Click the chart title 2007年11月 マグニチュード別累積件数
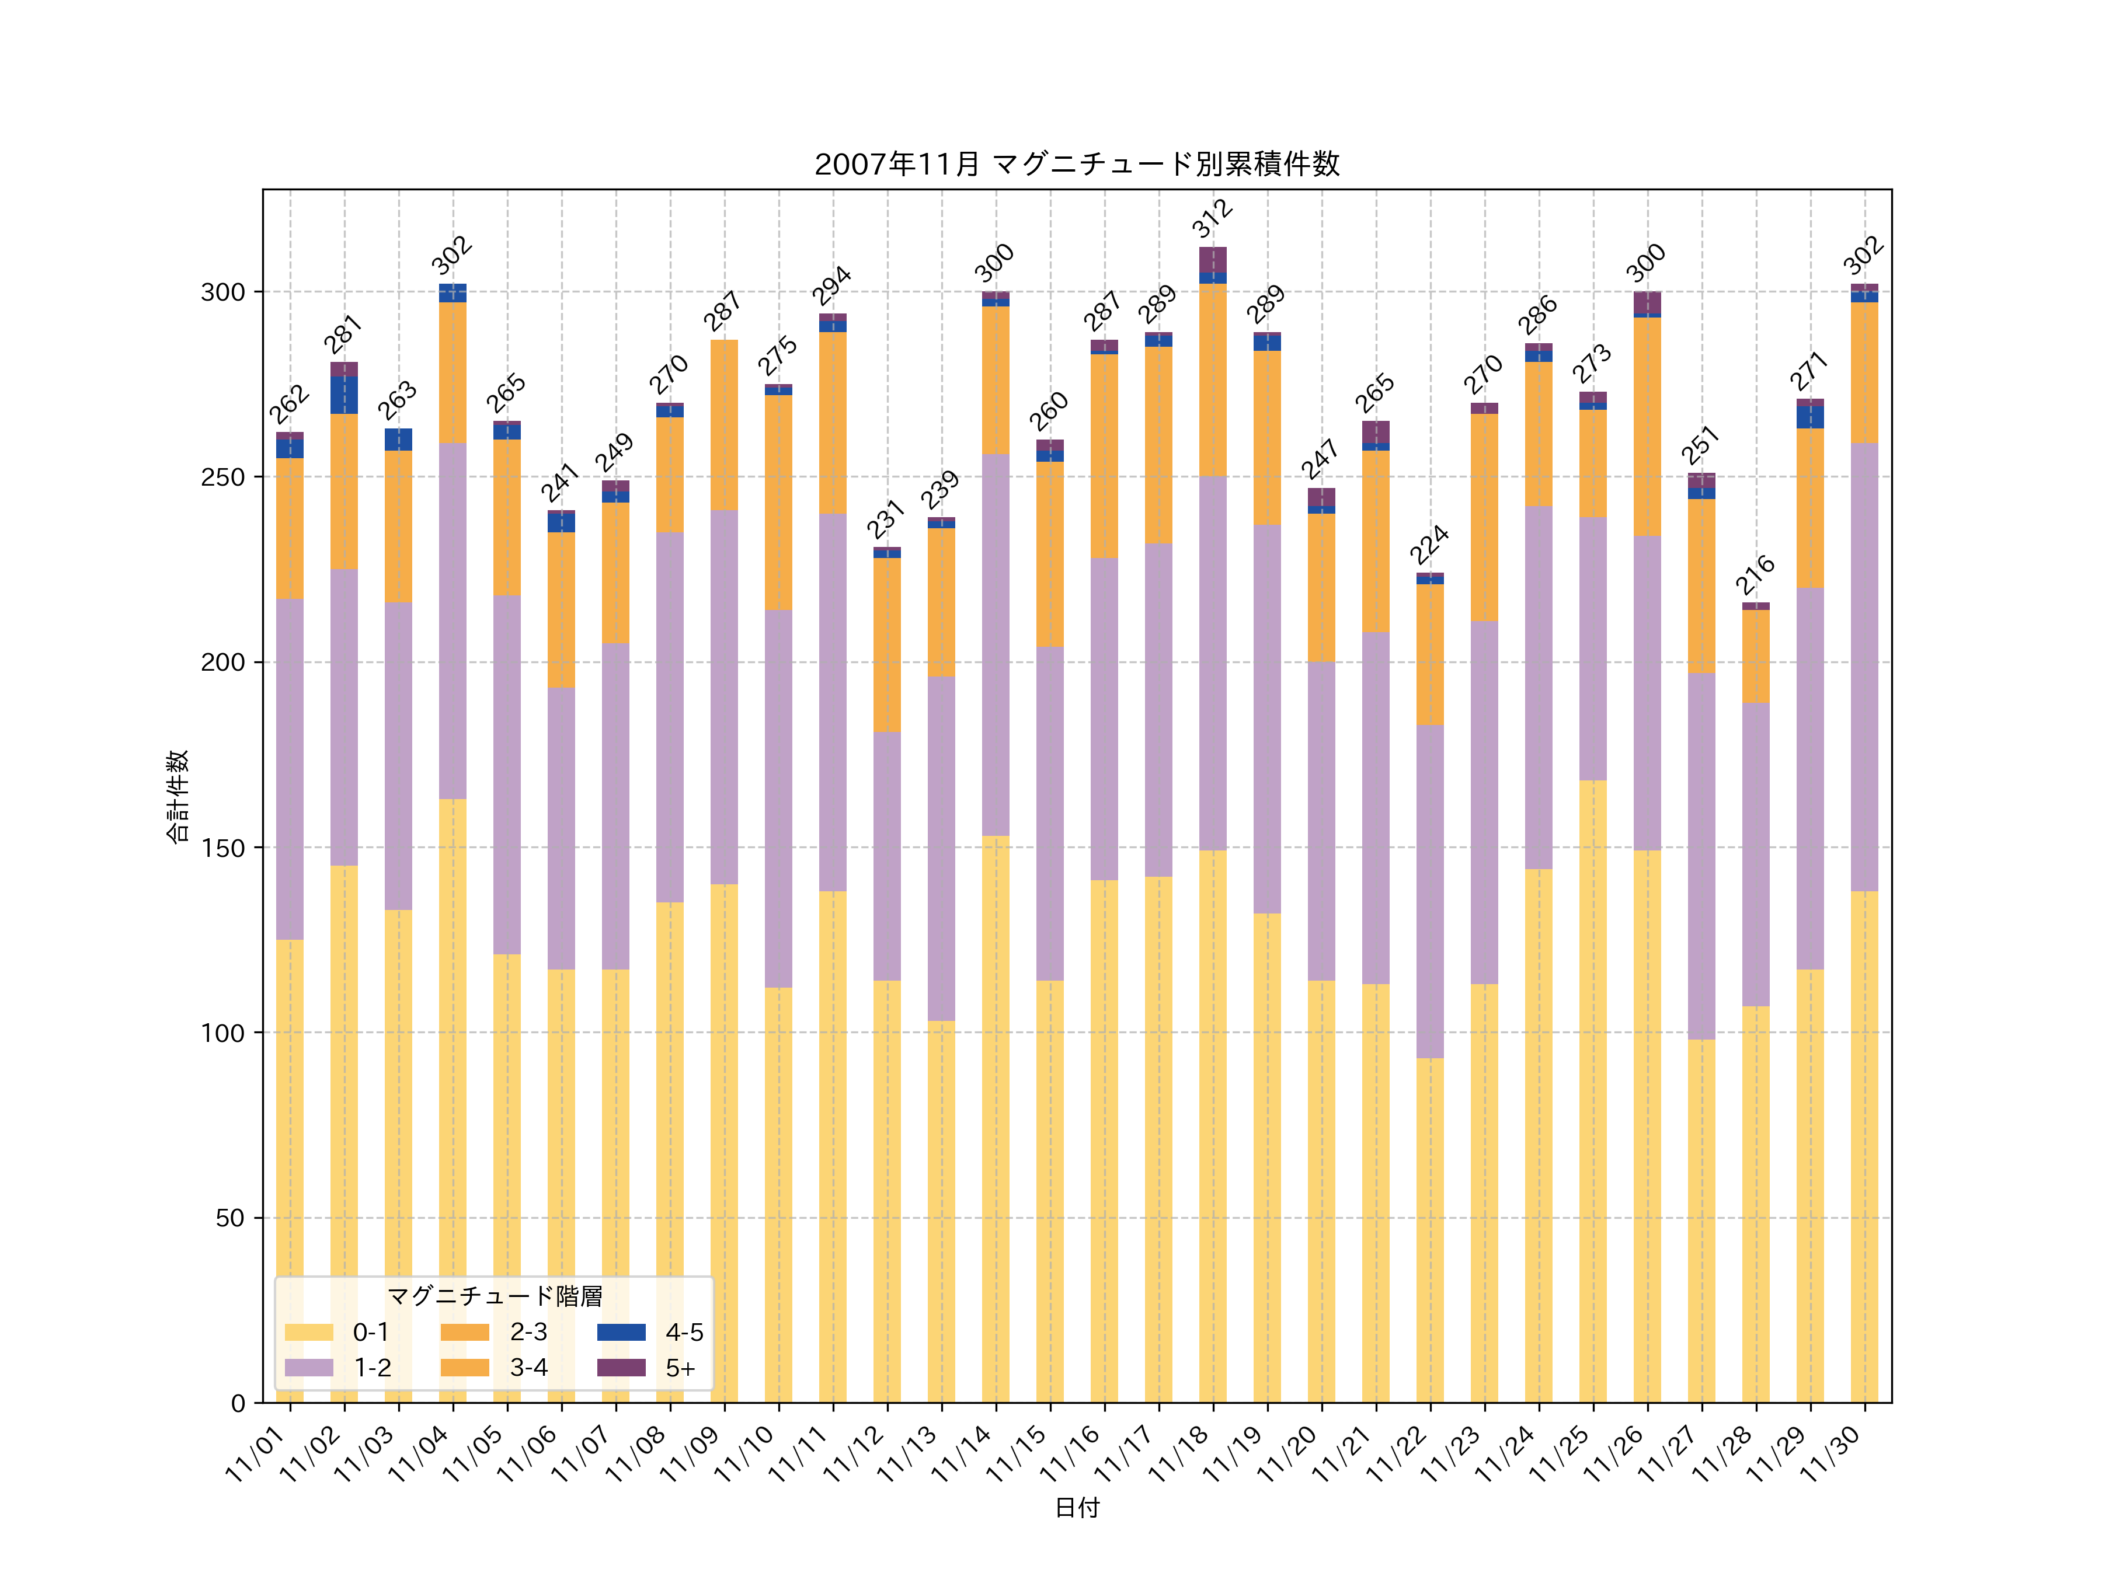tap(1077, 165)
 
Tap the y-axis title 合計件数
tap(178, 796)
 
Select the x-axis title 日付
tap(1077, 1508)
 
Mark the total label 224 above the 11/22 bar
tap(1429, 545)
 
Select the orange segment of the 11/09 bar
tap(724, 424)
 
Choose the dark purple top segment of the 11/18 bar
tap(1213, 259)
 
